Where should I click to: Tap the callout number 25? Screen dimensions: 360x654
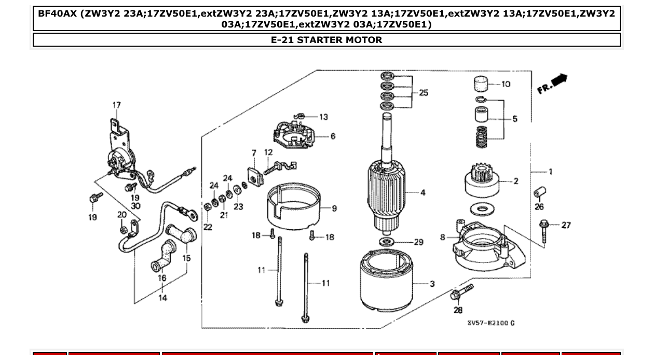point(424,93)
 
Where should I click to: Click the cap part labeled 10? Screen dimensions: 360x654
point(482,84)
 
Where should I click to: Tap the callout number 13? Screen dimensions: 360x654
point(323,117)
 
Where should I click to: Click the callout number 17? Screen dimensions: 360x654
point(116,105)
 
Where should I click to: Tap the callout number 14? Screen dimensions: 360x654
point(162,298)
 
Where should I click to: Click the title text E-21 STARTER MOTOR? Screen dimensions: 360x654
point(326,40)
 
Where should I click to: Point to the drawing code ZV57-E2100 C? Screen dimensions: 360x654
point(491,323)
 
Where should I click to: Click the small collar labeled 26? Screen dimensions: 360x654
point(538,193)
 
